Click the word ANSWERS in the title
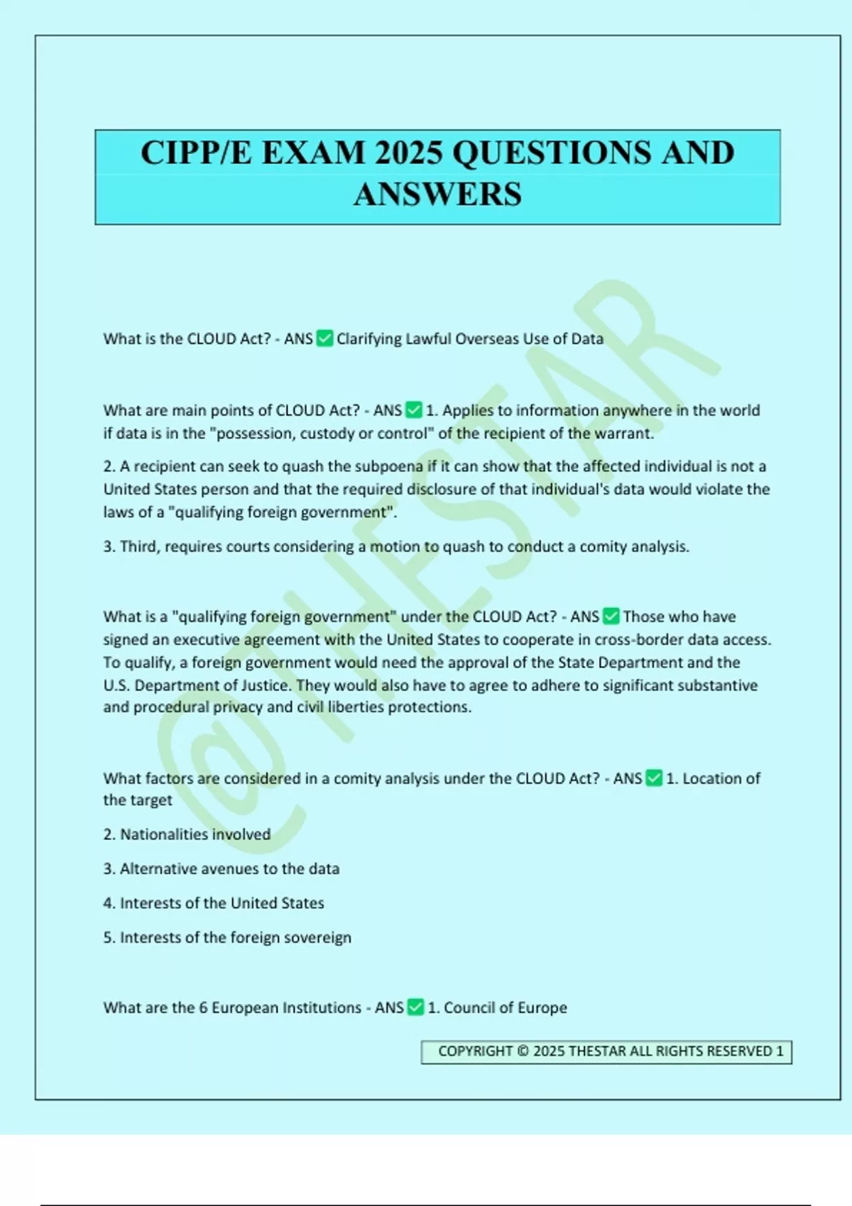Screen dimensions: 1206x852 coord(437,194)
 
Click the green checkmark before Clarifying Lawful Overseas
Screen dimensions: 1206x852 coord(324,338)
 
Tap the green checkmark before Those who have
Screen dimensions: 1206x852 coord(611,616)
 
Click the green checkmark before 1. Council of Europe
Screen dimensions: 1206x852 coord(415,1007)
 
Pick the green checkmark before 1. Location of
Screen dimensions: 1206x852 coord(654,778)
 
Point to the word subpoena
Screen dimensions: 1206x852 coord(393,466)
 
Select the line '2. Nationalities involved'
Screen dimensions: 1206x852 coord(187,834)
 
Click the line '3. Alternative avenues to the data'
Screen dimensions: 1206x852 coord(221,868)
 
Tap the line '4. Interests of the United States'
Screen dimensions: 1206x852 coord(213,903)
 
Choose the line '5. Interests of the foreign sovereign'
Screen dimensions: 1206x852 coord(226,937)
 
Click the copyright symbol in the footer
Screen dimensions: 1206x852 coord(523,1051)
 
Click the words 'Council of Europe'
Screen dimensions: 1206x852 coord(505,1007)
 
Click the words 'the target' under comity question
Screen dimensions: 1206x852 coord(138,800)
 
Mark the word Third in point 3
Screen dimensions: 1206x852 coord(139,546)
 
